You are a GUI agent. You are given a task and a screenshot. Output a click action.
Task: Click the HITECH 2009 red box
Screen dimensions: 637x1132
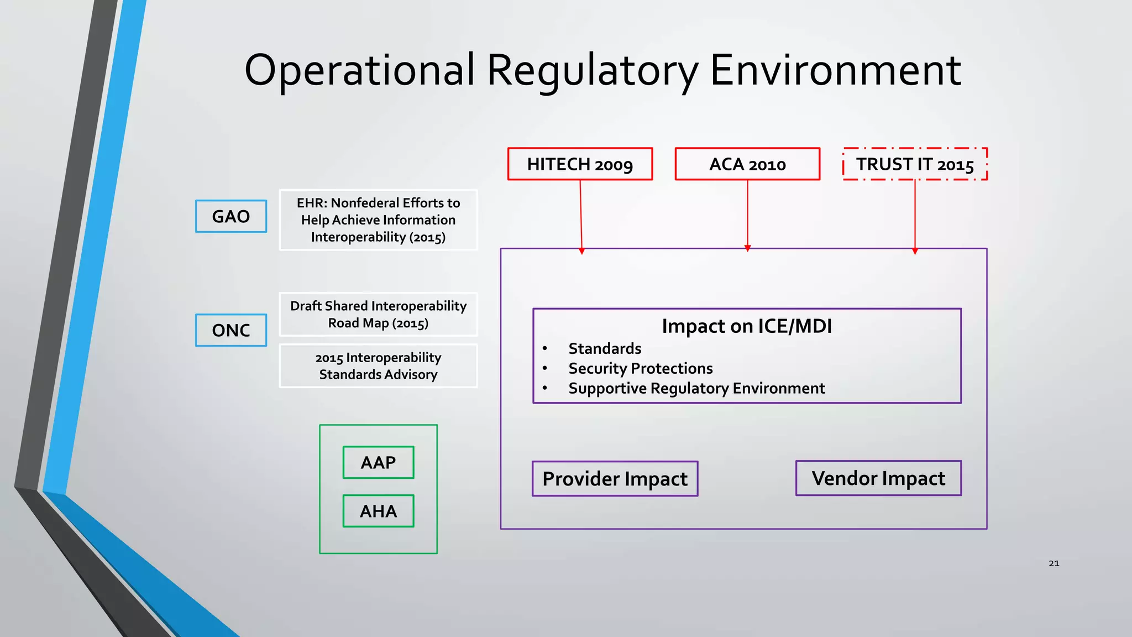(x=580, y=164)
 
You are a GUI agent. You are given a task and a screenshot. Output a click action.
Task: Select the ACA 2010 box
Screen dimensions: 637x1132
(x=747, y=164)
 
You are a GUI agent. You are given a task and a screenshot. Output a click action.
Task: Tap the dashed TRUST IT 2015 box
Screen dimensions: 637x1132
(x=915, y=164)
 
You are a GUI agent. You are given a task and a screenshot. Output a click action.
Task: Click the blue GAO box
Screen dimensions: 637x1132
(x=231, y=216)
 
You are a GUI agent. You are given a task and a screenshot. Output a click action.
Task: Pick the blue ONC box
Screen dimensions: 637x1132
(x=231, y=330)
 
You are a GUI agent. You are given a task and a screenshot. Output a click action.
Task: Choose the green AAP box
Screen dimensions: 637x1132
(x=378, y=462)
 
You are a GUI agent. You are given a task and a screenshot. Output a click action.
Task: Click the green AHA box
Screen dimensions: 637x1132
(x=378, y=511)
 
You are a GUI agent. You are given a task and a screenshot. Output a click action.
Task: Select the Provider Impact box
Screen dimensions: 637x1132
(x=615, y=479)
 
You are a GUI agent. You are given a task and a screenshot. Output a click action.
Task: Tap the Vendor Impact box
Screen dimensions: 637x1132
(x=878, y=478)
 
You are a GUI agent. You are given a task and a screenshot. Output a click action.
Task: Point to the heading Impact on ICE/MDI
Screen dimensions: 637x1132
(x=747, y=326)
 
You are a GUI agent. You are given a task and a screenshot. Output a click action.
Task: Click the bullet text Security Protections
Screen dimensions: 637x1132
(x=641, y=368)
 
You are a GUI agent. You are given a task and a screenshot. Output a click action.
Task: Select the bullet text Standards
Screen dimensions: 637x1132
(x=605, y=348)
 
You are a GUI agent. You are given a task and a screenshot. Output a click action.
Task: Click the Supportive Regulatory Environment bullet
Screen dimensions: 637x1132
(x=696, y=388)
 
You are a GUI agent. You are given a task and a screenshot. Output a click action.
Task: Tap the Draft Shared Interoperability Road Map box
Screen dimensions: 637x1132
(x=378, y=314)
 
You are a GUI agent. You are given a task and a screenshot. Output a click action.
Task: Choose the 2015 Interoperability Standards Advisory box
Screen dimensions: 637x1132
(x=378, y=366)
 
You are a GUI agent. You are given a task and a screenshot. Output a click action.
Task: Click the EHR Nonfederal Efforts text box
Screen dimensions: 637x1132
(x=378, y=220)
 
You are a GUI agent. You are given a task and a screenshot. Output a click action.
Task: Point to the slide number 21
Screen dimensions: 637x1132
(x=1054, y=563)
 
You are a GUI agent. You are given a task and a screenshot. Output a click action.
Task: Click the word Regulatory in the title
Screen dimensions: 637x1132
(x=592, y=71)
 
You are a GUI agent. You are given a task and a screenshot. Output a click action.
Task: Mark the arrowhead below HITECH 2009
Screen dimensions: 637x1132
(x=581, y=251)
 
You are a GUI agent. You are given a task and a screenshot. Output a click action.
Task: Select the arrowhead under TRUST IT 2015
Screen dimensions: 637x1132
(x=915, y=251)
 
